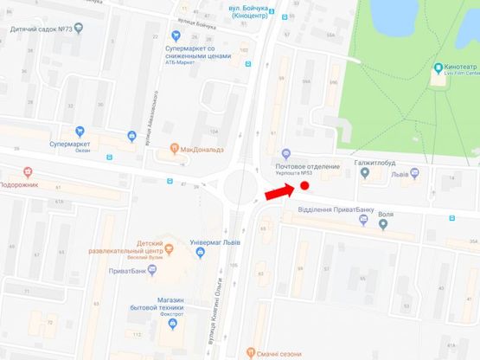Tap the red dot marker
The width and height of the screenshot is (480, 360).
pos(304,185)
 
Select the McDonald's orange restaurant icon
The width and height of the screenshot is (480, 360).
pos(175,148)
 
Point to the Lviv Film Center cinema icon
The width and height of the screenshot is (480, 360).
pos(438,68)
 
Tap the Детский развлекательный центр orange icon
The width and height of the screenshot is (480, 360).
pos(170,249)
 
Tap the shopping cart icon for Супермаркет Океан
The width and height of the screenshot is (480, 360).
pos(131,136)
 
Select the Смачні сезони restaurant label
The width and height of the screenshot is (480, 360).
pos(277,352)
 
